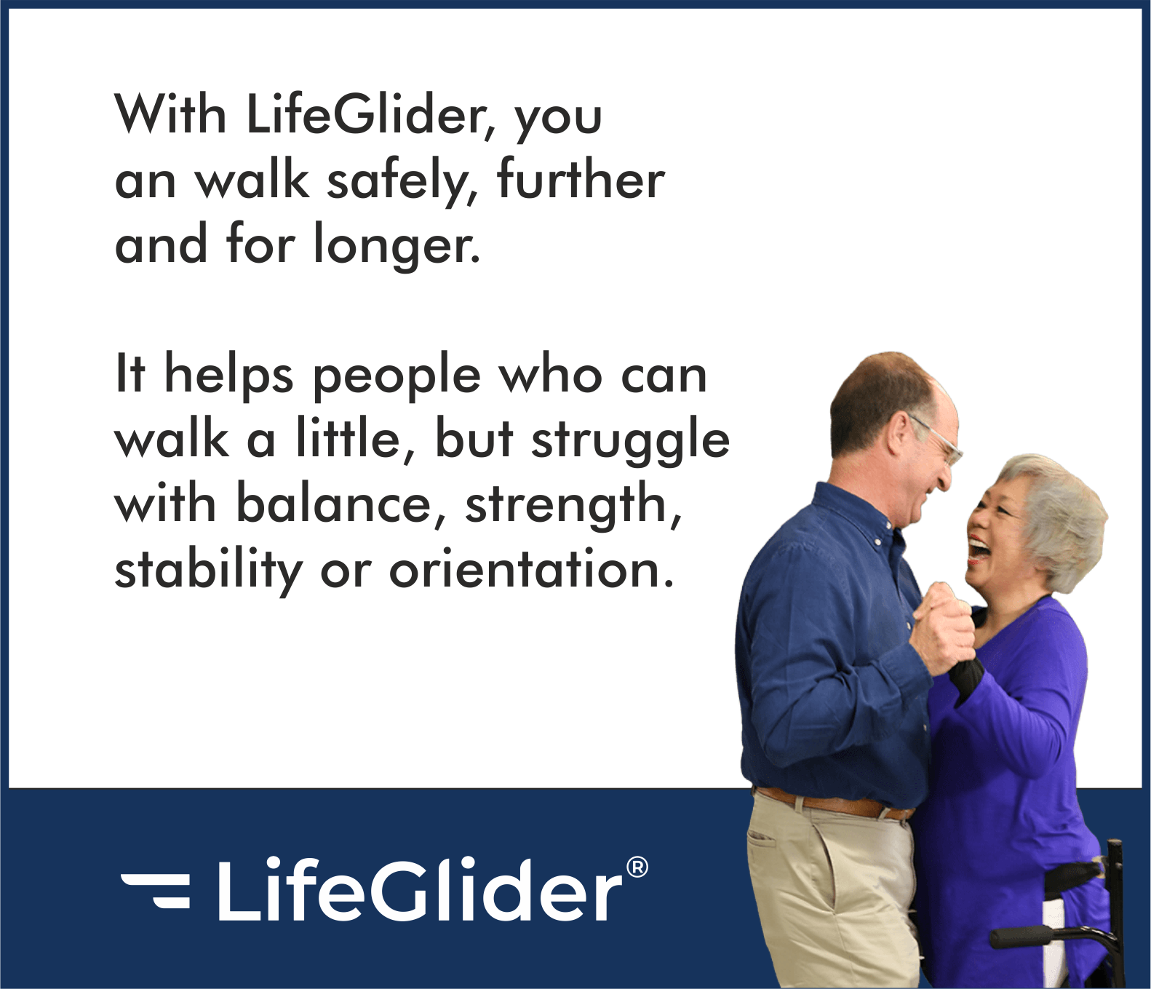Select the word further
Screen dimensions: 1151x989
(581, 178)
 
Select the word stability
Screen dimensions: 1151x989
(208, 570)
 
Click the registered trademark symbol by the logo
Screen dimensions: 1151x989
(637, 867)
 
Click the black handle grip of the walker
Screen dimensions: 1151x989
(1022, 937)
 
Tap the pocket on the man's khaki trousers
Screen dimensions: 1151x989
(761, 837)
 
